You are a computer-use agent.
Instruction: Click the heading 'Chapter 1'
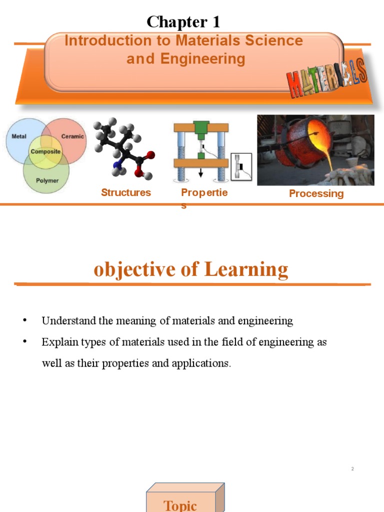(183, 22)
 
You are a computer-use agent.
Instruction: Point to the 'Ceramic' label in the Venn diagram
(72, 136)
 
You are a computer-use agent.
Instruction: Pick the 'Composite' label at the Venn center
(45, 151)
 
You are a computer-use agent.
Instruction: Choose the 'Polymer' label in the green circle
(47, 180)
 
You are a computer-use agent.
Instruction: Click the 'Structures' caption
(126, 192)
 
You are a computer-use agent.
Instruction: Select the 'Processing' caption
(316, 193)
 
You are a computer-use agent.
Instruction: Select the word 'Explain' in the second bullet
(56, 342)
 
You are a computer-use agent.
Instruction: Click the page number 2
(352, 468)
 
